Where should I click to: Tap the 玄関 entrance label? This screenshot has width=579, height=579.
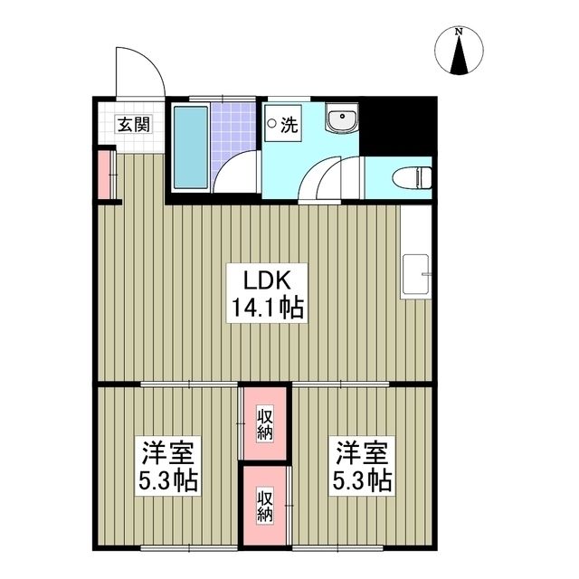coord(132,126)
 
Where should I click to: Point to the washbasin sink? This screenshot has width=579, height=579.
coord(343,121)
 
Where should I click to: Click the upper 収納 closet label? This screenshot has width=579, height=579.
coord(265,422)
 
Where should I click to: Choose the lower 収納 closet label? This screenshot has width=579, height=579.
coord(265,505)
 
